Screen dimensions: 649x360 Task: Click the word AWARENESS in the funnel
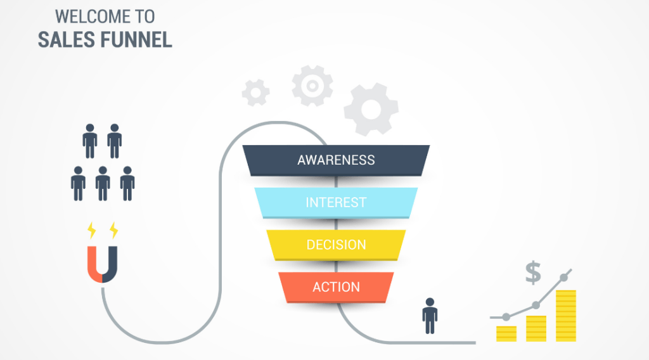point(336,160)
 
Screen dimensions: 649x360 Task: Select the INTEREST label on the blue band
point(336,203)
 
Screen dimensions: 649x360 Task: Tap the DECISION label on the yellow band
point(336,245)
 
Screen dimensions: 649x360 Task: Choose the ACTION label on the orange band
point(336,287)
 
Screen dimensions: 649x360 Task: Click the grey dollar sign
point(533,273)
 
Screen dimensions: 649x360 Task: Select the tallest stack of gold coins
point(566,315)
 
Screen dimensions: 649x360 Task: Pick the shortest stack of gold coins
point(506,333)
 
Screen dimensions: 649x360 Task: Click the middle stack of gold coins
point(536,328)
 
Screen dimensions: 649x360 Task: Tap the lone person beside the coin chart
point(430,315)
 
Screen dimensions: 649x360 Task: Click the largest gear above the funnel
point(371,109)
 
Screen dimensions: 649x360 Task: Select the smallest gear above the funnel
point(256,93)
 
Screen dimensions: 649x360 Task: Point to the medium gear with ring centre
point(312,85)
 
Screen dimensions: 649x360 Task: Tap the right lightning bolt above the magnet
point(113,229)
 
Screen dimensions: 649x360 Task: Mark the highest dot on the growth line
point(564,278)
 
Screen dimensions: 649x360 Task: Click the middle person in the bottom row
point(103,183)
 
